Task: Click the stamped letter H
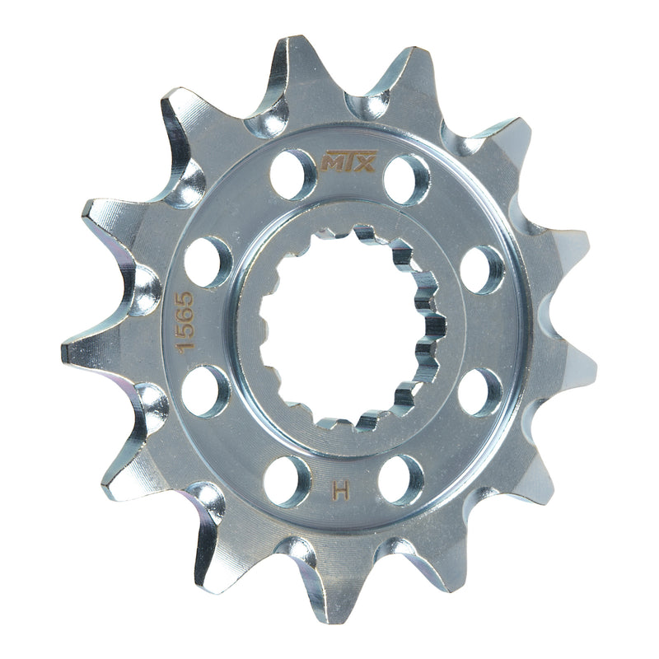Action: point(338,492)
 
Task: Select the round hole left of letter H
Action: point(287,480)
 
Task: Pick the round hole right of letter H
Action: point(401,479)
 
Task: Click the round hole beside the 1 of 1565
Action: point(205,390)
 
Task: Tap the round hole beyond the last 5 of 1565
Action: point(208,262)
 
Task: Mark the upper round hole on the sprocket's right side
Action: point(482,269)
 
